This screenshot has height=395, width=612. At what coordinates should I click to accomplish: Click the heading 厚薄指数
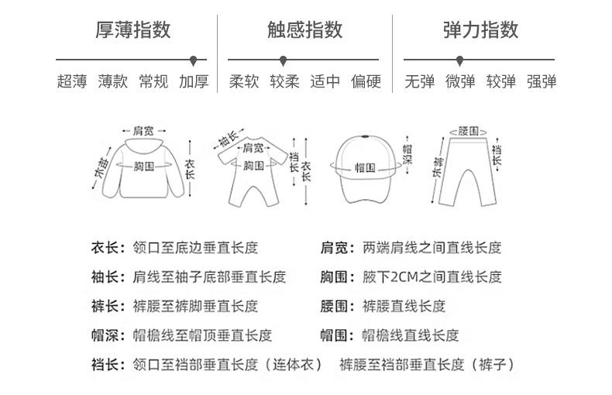coord(132,30)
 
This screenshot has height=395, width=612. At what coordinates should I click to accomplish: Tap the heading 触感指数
coord(304,30)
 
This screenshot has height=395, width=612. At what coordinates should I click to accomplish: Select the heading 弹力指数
coord(480,30)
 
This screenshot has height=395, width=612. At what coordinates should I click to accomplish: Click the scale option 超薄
coord(72,81)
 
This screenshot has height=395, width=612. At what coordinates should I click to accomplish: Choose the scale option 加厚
coord(194,81)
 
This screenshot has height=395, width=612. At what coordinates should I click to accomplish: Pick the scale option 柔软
coord(244,81)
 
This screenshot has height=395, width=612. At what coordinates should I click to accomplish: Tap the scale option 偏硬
coord(366,81)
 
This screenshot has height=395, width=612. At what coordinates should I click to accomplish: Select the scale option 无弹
coord(420,81)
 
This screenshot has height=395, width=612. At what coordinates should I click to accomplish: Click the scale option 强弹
coord(542,81)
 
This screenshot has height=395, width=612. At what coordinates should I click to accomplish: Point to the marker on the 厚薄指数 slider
coord(193,60)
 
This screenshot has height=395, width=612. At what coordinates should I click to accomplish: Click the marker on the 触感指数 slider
coord(284,60)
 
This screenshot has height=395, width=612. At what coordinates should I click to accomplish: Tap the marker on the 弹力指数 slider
coord(459,60)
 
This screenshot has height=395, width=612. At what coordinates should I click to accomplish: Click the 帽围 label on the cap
coord(365,167)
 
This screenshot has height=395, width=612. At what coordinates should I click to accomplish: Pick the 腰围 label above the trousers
coord(468,130)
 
